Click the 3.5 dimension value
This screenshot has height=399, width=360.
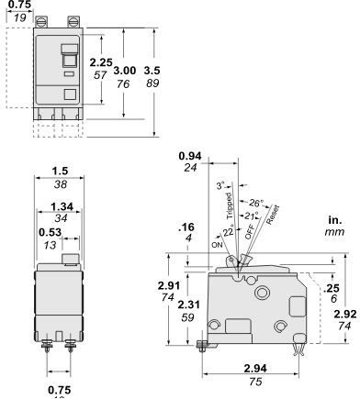click(152, 68)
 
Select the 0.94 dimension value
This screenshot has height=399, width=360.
click(191, 157)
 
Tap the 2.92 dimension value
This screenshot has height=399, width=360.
click(345, 313)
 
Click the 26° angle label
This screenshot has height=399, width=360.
click(258, 203)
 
